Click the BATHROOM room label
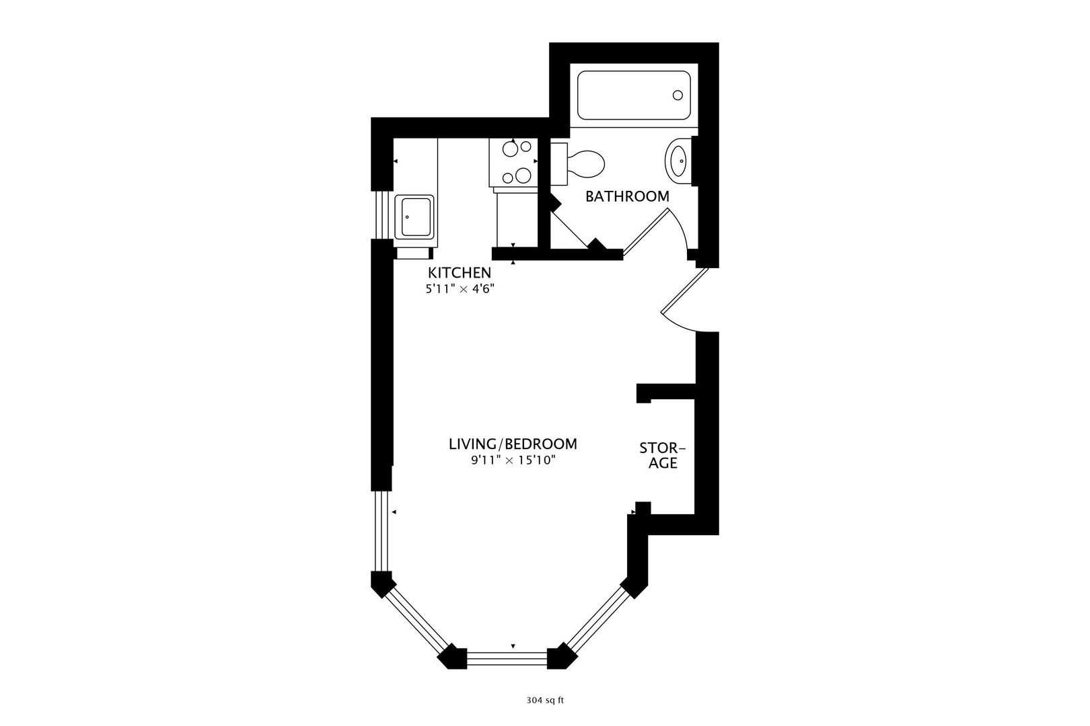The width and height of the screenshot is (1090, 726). pyautogui.click(x=627, y=196)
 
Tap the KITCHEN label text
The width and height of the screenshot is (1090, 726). pyautogui.click(x=460, y=273)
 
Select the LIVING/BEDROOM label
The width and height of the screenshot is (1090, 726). pyautogui.click(x=513, y=444)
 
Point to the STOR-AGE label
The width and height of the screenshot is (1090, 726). pyautogui.click(x=662, y=455)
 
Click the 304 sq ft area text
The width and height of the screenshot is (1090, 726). pyautogui.click(x=544, y=700)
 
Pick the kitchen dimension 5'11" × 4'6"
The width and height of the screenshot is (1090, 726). pyautogui.click(x=460, y=289)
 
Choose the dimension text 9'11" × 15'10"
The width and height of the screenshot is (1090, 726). pyautogui.click(x=513, y=460)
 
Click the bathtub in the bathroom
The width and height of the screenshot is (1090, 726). pyautogui.click(x=634, y=95)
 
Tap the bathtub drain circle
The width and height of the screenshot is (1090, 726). pyautogui.click(x=678, y=95)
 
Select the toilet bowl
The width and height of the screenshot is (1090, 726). pyautogui.click(x=585, y=164)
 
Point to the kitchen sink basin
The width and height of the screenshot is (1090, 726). pyautogui.click(x=414, y=217)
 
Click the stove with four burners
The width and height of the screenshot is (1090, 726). pyautogui.click(x=513, y=163)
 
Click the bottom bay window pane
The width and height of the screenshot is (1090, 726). pyautogui.click(x=507, y=658)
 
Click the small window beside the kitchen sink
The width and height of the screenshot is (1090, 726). pyautogui.click(x=382, y=215)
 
